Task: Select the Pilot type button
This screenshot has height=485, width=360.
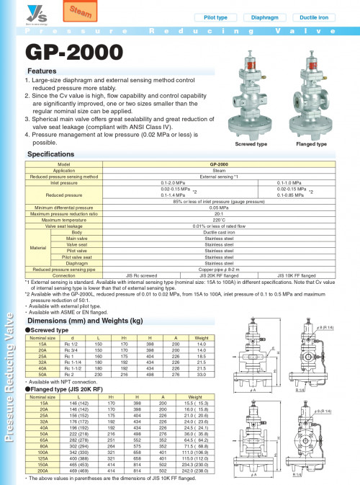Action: [216, 16]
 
